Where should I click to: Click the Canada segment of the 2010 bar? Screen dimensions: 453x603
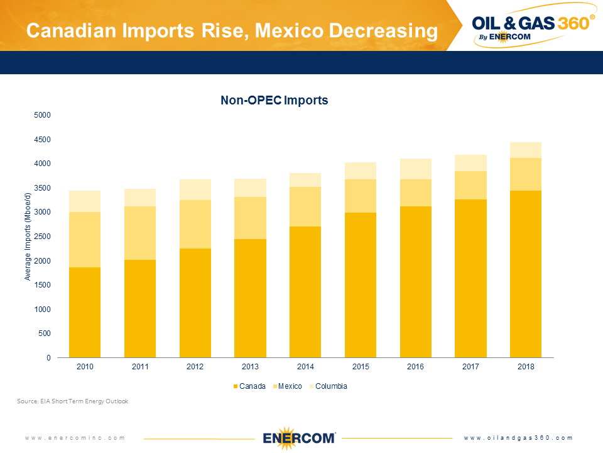pyautogui.click(x=85, y=313)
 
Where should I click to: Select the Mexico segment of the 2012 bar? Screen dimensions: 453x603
pyautogui.click(x=195, y=224)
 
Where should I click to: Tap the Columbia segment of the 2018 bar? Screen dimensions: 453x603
pyautogui.click(x=526, y=150)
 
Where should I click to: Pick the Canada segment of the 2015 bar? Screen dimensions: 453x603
pyautogui.click(x=361, y=285)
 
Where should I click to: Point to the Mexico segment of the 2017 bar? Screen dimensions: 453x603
pyautogui.click(x=470, y=185)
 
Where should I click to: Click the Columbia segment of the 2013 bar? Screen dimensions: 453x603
pyautogui.click(x=250, y=187)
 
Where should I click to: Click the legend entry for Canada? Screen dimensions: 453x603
pyautogui.click(x=249, y=386)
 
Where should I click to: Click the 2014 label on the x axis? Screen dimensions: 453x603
pyautogui.click(x=305, y=367)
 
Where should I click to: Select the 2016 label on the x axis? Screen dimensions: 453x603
pyautogui.click(x=415, y=367)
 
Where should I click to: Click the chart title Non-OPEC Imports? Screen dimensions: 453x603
pyautogui.click(x=274, y=100)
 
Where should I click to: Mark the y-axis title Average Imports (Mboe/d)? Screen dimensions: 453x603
pyautogui.click(x=28, y=237)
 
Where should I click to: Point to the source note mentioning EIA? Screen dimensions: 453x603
pyautogui.click(x=73, y=401)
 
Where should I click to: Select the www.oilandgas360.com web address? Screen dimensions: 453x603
pyautogui.click(x=519, y=438)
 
